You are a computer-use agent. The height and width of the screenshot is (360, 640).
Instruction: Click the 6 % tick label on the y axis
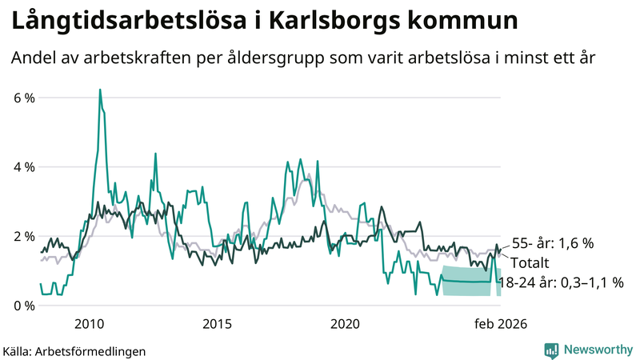[x=24, y=98]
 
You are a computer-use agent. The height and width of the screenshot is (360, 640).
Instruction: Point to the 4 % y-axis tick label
[x=24, y=167]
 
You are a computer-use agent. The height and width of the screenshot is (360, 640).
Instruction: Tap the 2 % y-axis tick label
[x=24, y=237]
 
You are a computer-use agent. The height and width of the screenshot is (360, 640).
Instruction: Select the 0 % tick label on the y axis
[x=24, y=306]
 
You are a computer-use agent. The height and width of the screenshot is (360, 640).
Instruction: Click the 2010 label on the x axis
[x=89, y=324]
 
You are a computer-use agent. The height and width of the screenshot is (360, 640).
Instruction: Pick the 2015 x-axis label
[x=217, y=324]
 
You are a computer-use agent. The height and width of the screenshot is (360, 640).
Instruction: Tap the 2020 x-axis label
[x=346, y=324]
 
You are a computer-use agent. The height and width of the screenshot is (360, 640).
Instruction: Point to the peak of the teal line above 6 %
[x=100, y=90]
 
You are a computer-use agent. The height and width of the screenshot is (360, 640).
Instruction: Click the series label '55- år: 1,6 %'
[x=552, y=243]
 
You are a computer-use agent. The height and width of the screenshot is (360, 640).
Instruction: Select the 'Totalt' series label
[x=530, y=262]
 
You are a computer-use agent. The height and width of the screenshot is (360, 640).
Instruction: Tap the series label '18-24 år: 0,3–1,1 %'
[x=560, y=282]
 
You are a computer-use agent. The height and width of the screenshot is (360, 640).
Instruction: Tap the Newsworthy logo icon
[x=551, y=350]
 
